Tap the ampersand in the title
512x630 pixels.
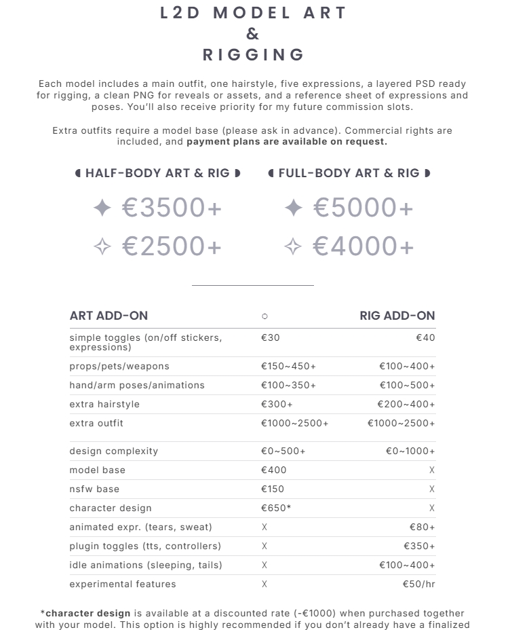(252, 34)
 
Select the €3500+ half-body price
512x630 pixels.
(172, 208)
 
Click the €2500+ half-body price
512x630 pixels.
(172, 246)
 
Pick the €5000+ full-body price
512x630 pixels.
(363, 208)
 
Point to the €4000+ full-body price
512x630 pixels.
(363, 246)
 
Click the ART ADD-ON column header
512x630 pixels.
(109, 316)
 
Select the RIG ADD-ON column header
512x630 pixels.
(397, 316)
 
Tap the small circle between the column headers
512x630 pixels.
(264, 316)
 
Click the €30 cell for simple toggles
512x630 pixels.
(270, 337)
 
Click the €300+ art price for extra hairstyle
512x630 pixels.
(277, 404)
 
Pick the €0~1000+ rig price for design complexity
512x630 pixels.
(410, 451)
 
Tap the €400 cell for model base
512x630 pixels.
(273, 470)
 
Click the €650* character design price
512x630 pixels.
(276, 508)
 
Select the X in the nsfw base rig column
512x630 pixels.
(432, 489)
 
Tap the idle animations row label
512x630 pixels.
(146, 565)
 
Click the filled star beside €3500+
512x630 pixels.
(102, 208)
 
